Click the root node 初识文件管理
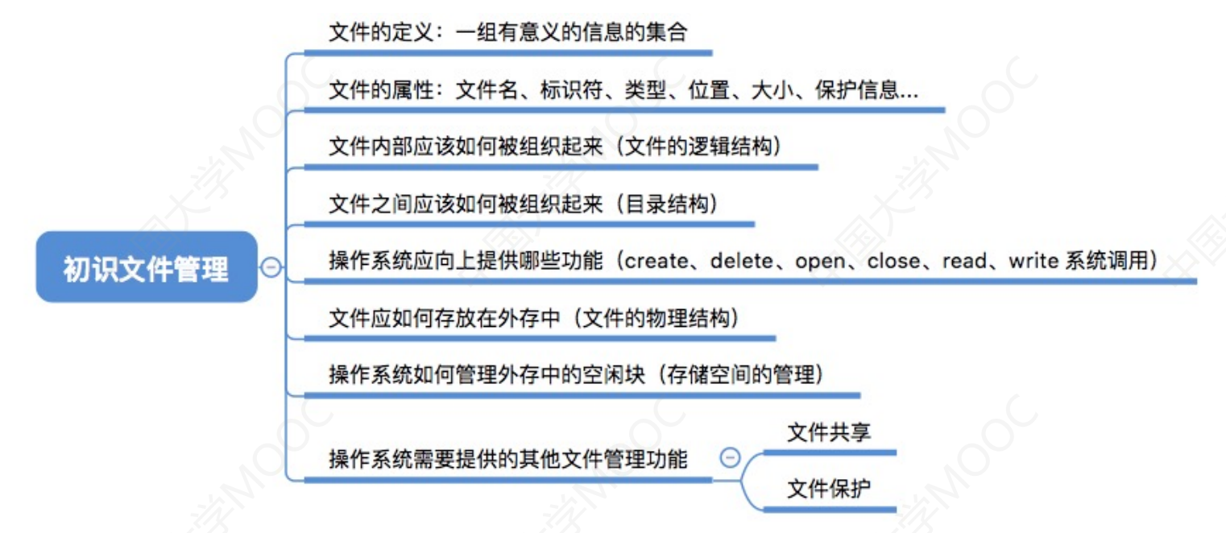pos(147,267)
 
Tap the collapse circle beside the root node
pos(271,267)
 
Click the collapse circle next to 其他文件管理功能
pos(730,457)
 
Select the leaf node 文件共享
pos(829,432)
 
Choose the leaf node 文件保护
pos(829,489)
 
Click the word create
pos(656,261)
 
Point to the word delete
pos(742,261)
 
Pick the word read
pos(964,261)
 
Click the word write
pos(1034,261)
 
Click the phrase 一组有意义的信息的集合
pos(571,32)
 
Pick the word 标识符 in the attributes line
pos(571,89)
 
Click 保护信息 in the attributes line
pos(857,89)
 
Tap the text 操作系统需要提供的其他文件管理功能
pos(508,459)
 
